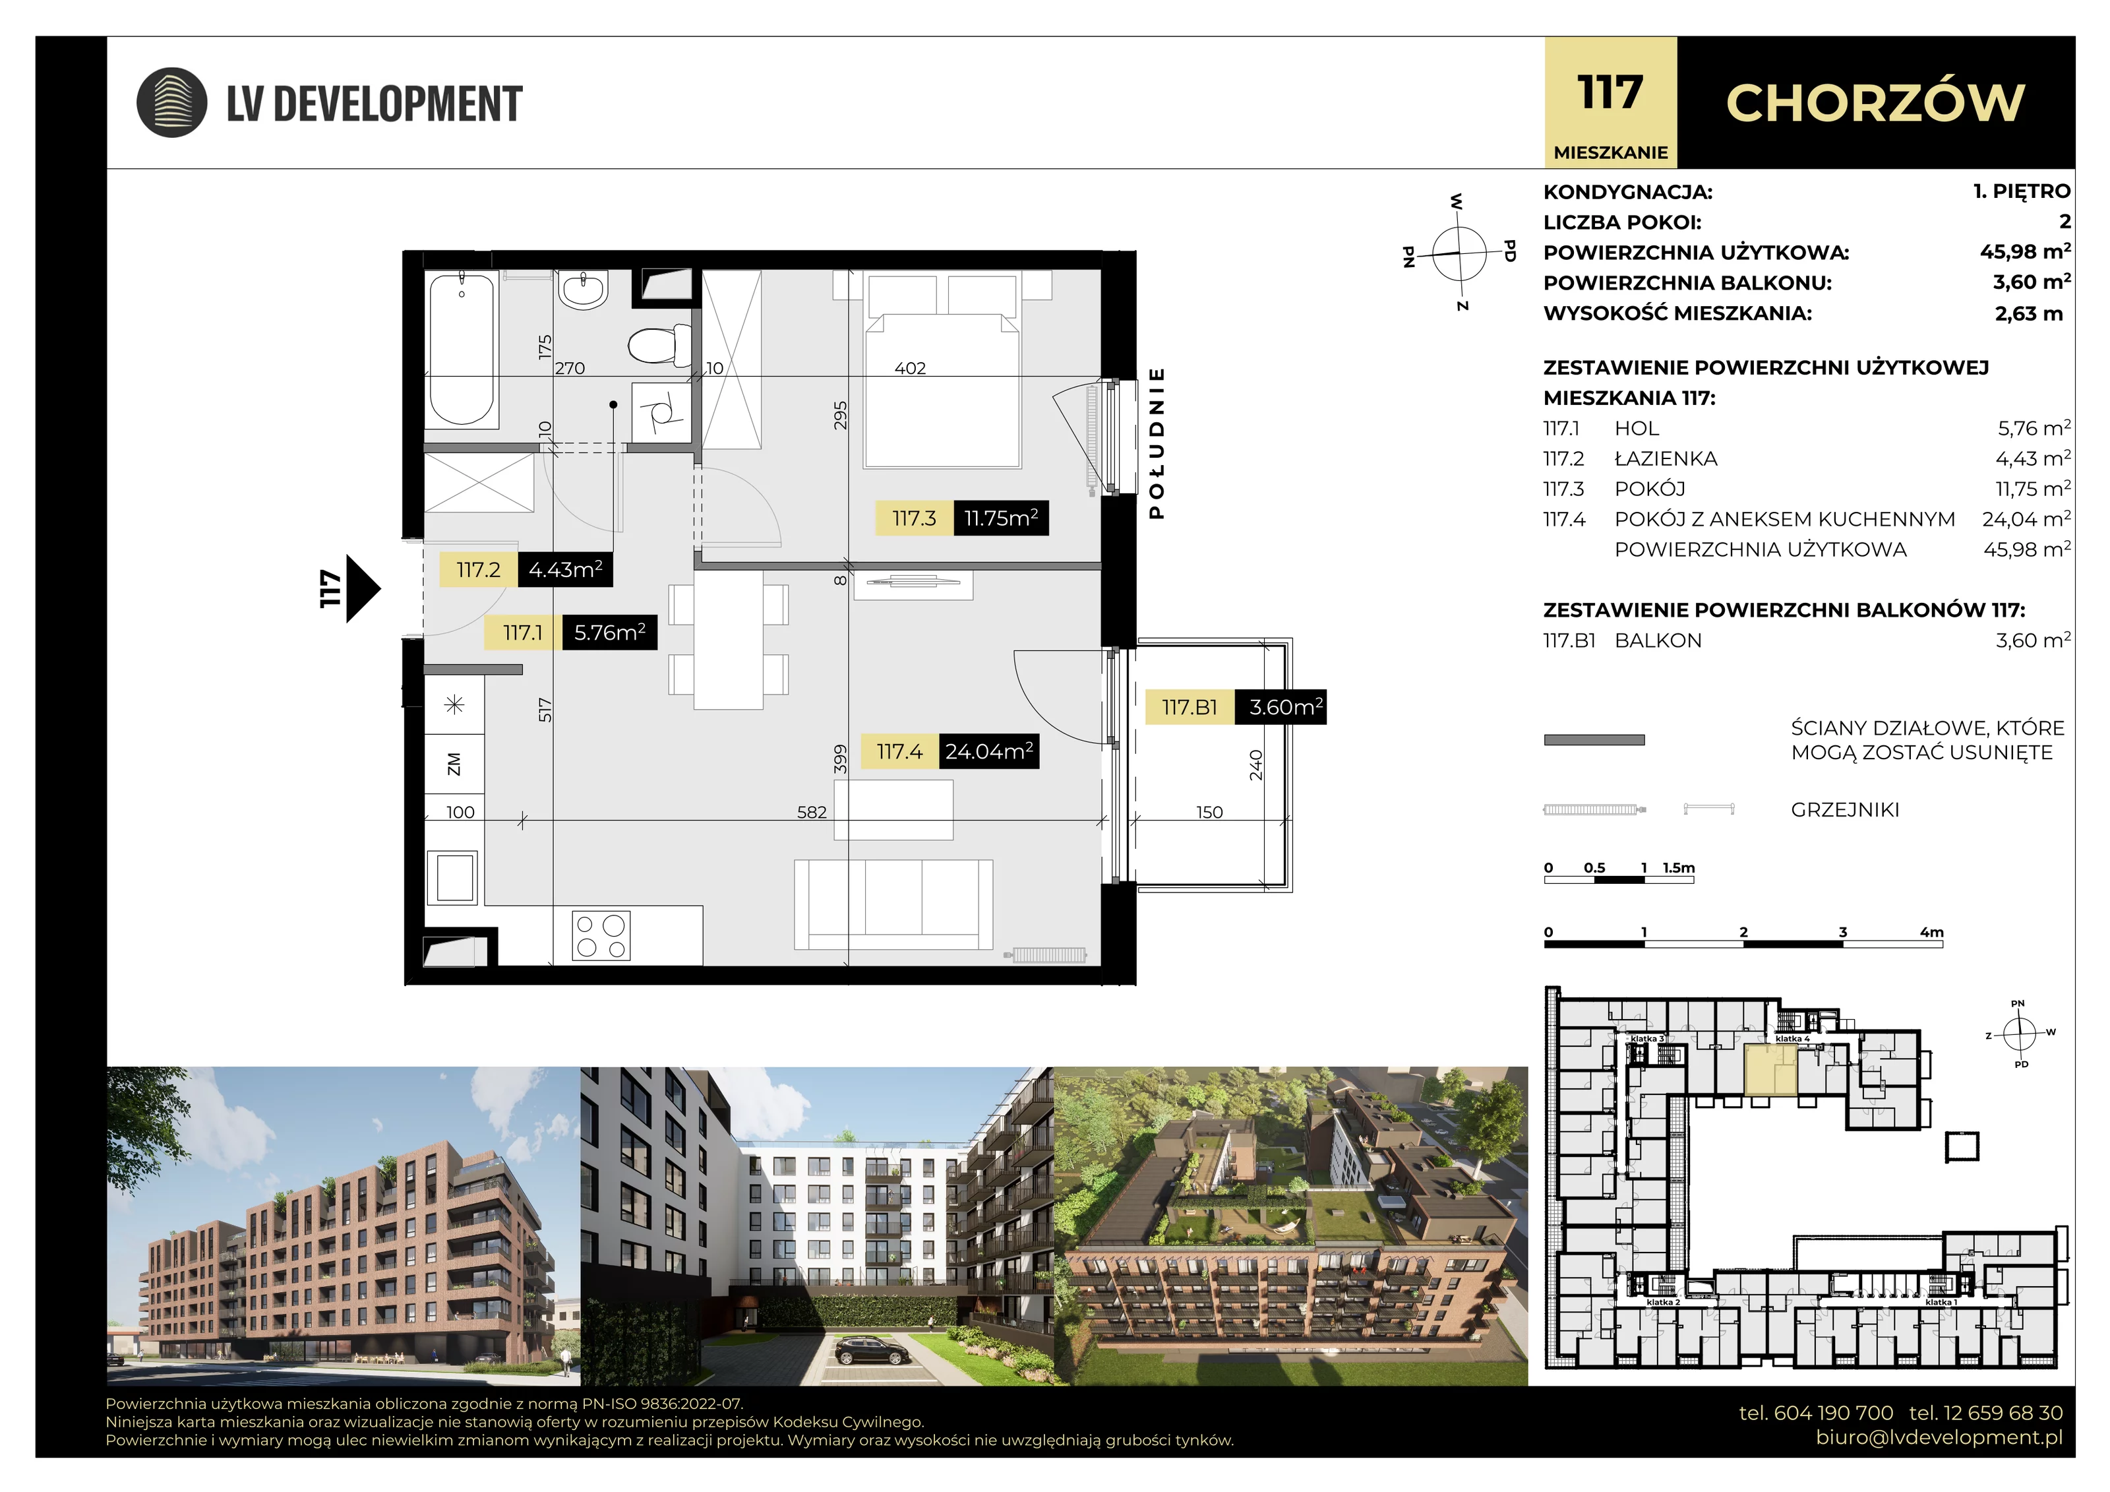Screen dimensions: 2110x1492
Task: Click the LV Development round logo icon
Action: point(172,102)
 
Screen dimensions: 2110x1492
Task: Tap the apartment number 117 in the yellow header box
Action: point(1610,93)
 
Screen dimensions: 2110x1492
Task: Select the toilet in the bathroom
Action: point(660,346)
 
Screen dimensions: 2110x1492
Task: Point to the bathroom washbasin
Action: point(583,290)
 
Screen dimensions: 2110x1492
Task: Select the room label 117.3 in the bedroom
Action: point(915,518)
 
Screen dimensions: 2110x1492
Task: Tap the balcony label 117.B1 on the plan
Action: point(1189,708)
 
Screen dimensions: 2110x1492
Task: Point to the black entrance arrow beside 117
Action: point(363,588)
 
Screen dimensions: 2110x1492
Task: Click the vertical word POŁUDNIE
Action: point(1157,443)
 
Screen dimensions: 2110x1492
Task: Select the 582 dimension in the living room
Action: point(812,813)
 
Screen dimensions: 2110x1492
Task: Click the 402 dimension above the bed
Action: point(910,369)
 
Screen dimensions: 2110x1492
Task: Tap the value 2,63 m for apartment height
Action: point(2028,313)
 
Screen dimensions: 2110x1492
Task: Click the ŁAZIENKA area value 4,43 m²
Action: point(2033,458)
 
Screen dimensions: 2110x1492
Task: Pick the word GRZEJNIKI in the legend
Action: point(1844,810)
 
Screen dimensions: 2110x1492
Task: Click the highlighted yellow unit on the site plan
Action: point(1770,1071)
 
